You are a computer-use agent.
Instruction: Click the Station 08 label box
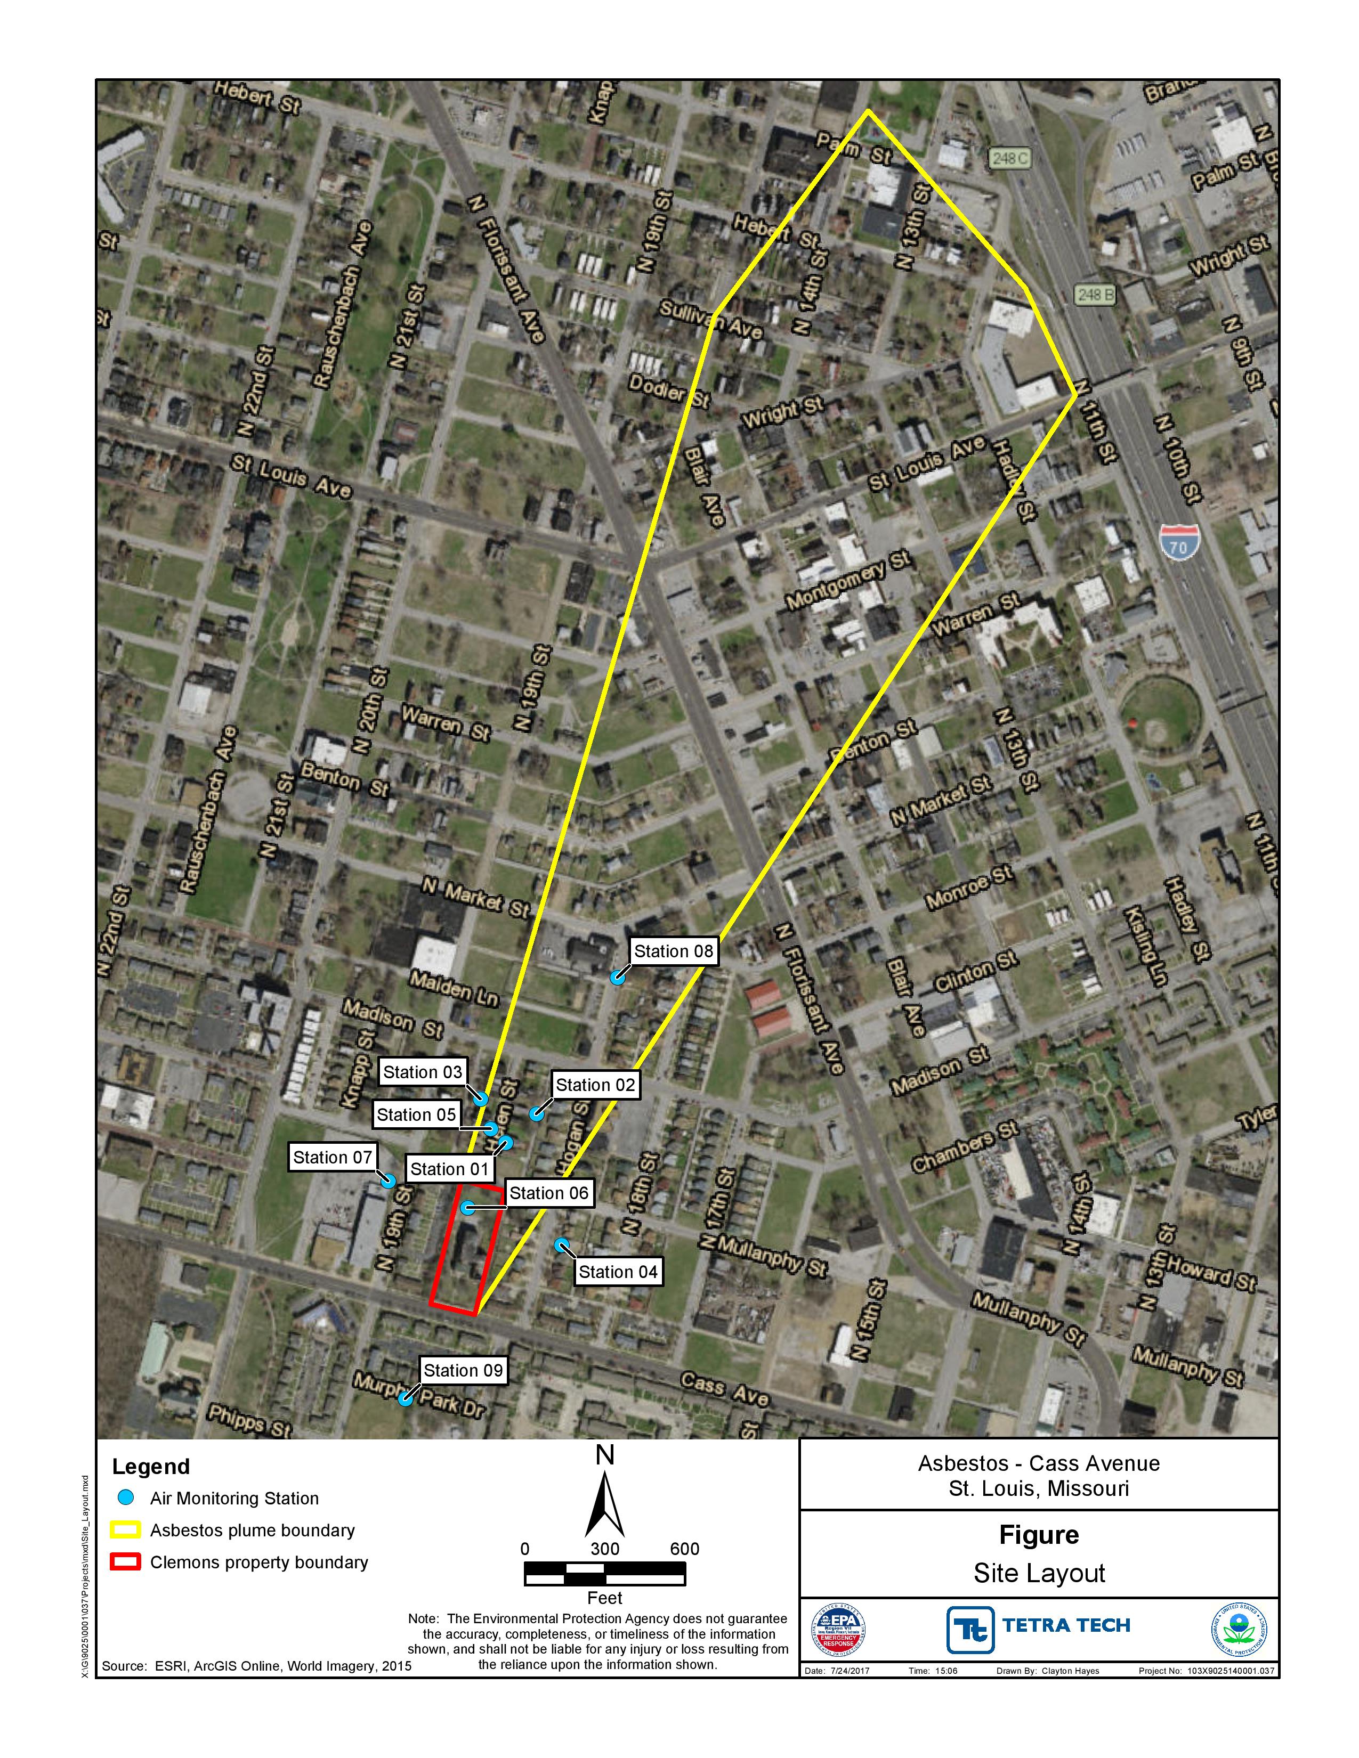673,950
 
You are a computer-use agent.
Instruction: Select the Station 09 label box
463,1370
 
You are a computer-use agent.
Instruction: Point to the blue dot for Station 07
388,1181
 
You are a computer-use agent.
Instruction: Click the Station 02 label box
595,1084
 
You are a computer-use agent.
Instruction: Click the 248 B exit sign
1096,295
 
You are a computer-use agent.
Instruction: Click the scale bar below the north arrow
605,1574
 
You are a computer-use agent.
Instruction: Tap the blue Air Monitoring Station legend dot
126,1498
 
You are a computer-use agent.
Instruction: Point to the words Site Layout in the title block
1039,1573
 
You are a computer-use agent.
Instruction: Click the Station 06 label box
548,1192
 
